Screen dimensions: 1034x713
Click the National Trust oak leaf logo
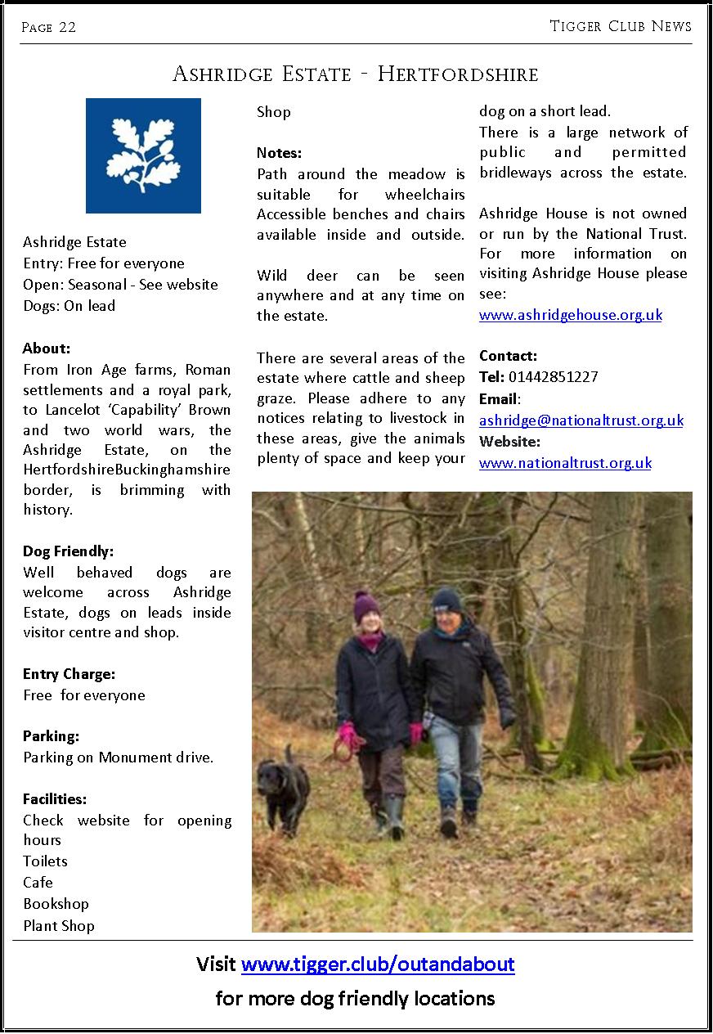[143, 155]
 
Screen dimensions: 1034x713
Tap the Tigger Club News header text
[621, 26]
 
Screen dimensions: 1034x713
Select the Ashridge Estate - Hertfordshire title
[356, 74]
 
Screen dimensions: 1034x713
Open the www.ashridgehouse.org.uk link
[570, 315]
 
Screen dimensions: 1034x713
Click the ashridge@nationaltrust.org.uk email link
[581, 420]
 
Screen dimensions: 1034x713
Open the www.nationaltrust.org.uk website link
[565, 463]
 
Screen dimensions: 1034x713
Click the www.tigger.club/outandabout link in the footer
[378, 964]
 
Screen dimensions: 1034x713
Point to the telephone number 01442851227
[553, 377]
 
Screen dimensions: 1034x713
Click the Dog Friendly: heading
[68, 551]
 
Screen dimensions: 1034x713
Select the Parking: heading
[51, 736]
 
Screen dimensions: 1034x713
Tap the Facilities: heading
[55, 798]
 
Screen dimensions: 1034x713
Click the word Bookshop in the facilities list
[56, 904]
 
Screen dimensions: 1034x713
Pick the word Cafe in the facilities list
[38, 883]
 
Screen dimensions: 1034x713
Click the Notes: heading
[280, 153]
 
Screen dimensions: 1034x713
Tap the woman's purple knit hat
[365, 606]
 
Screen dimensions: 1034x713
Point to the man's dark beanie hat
[446, 600]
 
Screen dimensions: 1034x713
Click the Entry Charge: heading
[69, 674]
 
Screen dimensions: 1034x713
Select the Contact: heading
[508, 356]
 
